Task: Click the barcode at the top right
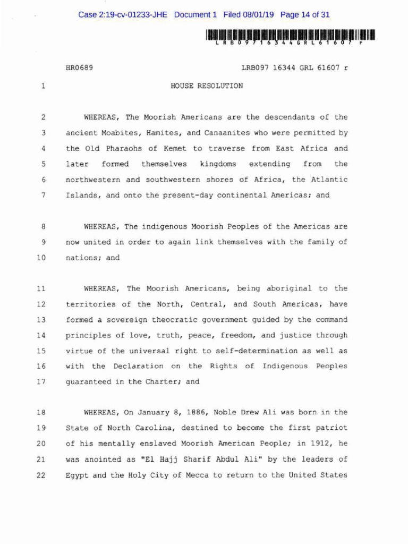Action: tap(290, 36)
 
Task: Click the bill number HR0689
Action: tap(79, 69)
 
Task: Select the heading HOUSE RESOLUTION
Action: tap(207, 86)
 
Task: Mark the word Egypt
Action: tap(76, 475)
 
